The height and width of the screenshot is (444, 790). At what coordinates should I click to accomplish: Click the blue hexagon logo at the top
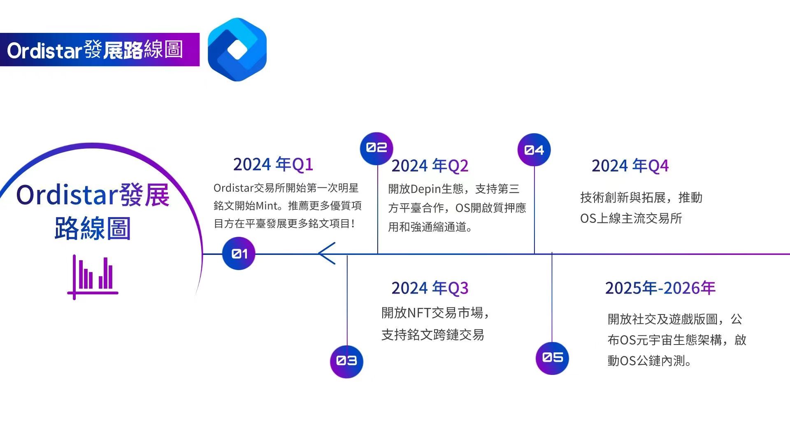tap(237, 49)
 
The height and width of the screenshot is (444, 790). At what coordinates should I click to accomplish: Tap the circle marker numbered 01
tap(239, 253)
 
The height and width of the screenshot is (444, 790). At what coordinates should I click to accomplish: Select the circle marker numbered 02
tap(376, 148)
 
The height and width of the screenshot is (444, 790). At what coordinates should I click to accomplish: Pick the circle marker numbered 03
tap(347, 361)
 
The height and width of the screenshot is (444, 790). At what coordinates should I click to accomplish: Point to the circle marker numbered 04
tap(534, 150)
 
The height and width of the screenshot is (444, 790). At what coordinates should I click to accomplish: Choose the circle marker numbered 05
tap(552, 358)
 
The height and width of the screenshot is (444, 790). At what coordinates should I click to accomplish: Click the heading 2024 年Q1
tap(273, 164)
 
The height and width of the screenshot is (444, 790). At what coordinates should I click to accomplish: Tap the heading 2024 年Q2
tap(430, 166)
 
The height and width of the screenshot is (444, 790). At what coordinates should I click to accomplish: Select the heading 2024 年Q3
tap(430, 288)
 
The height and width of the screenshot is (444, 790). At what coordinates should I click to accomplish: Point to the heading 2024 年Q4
tap(630, 166)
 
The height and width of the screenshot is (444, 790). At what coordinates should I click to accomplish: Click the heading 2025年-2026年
tap(660, 288)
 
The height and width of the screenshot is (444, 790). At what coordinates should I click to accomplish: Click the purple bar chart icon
tap(93, 277)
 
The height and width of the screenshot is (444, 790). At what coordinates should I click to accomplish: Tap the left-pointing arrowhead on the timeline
tap(327, 253)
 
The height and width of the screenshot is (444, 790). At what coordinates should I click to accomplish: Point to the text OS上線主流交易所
tap(631, 218)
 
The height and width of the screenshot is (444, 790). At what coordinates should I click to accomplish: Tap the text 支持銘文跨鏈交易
tap(432, 335)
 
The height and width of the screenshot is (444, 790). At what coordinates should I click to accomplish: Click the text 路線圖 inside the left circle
tap(93, 229)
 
